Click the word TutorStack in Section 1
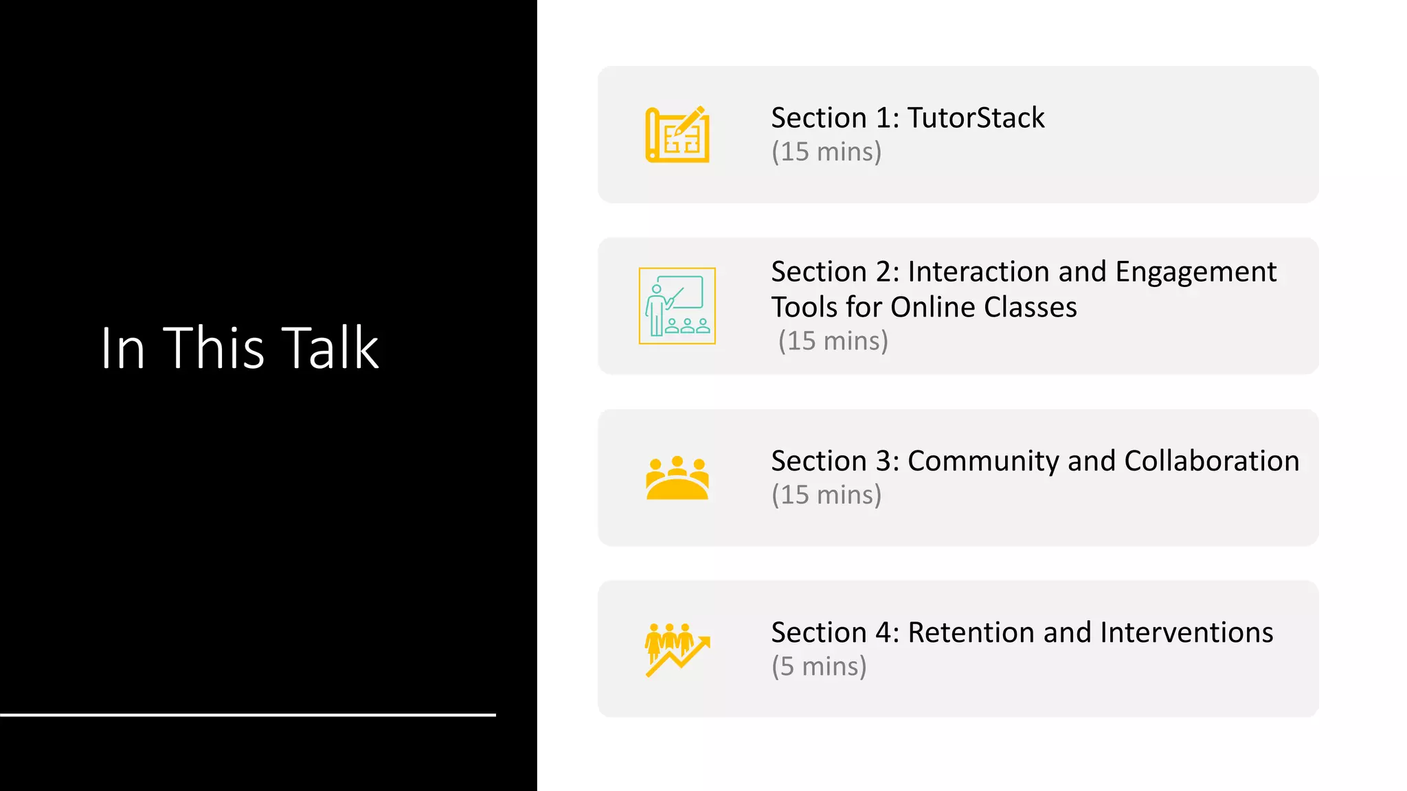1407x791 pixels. [x=976, y=118]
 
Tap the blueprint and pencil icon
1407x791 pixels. [x=677, y=135]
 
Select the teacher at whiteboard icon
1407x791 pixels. [x=677, y=306]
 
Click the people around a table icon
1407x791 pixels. [x=677, y=478]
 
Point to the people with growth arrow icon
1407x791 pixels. [x=677, y=650]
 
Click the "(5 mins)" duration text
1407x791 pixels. [x=819, y=666]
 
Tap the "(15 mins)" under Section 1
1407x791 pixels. [x=826, y=152]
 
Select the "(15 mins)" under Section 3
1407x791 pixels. [x=826, y=494]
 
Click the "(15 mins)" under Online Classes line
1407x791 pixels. [x=833, y=341]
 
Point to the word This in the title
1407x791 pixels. [x=214, y=348]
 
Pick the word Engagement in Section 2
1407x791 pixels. [x=1195, y=273]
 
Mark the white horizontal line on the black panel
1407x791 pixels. [x=247, y=715]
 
